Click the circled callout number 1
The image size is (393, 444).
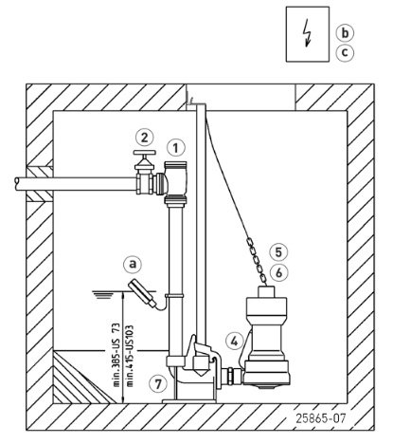[176, 148]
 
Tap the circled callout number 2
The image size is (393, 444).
[145, 138]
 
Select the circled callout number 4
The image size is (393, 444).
[235, 341]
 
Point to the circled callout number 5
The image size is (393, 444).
[278, 252]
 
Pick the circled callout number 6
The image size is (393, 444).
[278, 272]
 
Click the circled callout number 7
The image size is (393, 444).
[158, 383]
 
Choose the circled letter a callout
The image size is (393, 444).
[133, 264]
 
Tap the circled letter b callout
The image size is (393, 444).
[345, 33]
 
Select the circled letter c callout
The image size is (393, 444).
[345, 52]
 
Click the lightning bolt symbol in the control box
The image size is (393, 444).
[307, 32]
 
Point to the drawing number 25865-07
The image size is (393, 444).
[320, 418]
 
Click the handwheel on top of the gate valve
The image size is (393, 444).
[145, 153]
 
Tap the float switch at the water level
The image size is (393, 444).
[142, 292]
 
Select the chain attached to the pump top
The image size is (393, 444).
[258, 262]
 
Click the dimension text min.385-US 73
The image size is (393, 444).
[116, 355]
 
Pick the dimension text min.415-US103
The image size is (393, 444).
[130, 356]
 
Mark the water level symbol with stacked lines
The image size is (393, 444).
[104, 294]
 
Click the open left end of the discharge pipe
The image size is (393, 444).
[17, 184]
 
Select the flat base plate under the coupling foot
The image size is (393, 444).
[189, 401]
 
